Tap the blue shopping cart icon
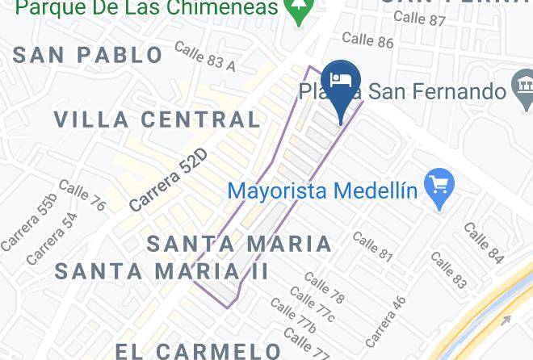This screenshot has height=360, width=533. coord(439,189)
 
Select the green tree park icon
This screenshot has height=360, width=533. coord(300,10)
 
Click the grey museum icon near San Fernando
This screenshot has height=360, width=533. coord(523,86)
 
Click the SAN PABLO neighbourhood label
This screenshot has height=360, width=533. coord(89,55)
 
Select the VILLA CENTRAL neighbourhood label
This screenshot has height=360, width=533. coord(157,119)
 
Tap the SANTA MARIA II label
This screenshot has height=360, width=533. coord(162,271)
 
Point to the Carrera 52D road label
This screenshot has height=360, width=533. coord(168,180)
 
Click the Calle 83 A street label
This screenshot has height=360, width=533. coord(204,57)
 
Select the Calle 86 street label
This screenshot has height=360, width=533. coord(367,39)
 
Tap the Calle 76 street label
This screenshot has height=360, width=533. coord(82,195)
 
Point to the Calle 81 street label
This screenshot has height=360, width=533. coord(372,247)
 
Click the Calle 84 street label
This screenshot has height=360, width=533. coord(484,243)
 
